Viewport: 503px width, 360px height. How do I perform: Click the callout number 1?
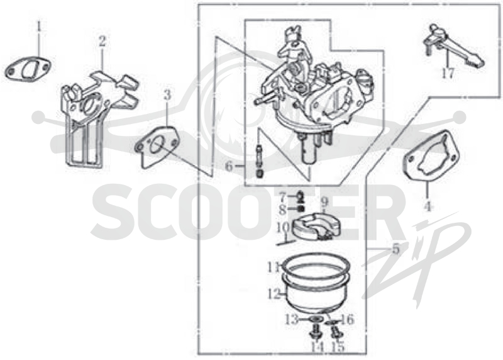point(39,26)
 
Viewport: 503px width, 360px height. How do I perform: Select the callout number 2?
point(102,41)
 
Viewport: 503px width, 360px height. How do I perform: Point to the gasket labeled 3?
point(156,147)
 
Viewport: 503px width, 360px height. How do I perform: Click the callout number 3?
point(167,95)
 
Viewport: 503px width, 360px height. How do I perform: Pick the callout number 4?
point(427,205)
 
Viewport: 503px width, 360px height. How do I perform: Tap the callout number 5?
point(395,249)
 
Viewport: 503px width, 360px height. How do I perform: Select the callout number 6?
point(229,166)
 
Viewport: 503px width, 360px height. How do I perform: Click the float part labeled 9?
point(316,226)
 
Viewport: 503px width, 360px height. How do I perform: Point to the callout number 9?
point(324,202)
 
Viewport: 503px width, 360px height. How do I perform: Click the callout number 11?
point(275,267)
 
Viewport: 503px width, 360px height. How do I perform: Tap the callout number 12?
point(274,293)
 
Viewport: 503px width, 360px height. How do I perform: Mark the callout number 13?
point(292,320)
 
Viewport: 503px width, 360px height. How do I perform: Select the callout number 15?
point(338,347)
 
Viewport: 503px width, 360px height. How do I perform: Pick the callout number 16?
point(348,320)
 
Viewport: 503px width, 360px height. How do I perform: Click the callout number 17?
point(448,74)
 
